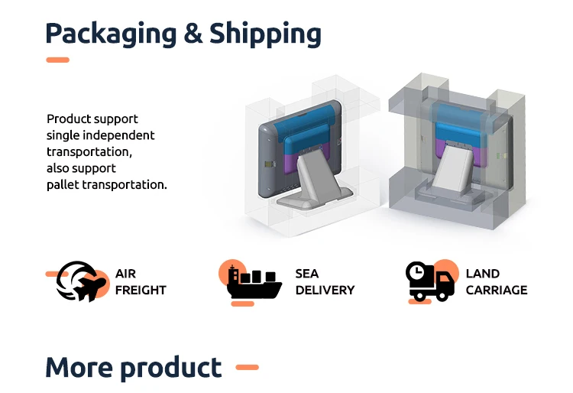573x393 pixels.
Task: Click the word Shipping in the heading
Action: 265,34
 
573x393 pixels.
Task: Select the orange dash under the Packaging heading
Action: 57,60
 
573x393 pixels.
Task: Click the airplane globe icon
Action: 80,281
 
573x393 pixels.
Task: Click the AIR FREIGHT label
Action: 141,281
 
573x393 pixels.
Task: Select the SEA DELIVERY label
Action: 325,281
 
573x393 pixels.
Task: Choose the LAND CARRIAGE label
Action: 496,281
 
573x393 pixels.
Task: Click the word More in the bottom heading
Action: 79,368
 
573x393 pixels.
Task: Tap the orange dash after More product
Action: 247,368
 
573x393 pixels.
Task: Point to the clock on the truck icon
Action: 416,272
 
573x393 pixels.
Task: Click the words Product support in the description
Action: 92,119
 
